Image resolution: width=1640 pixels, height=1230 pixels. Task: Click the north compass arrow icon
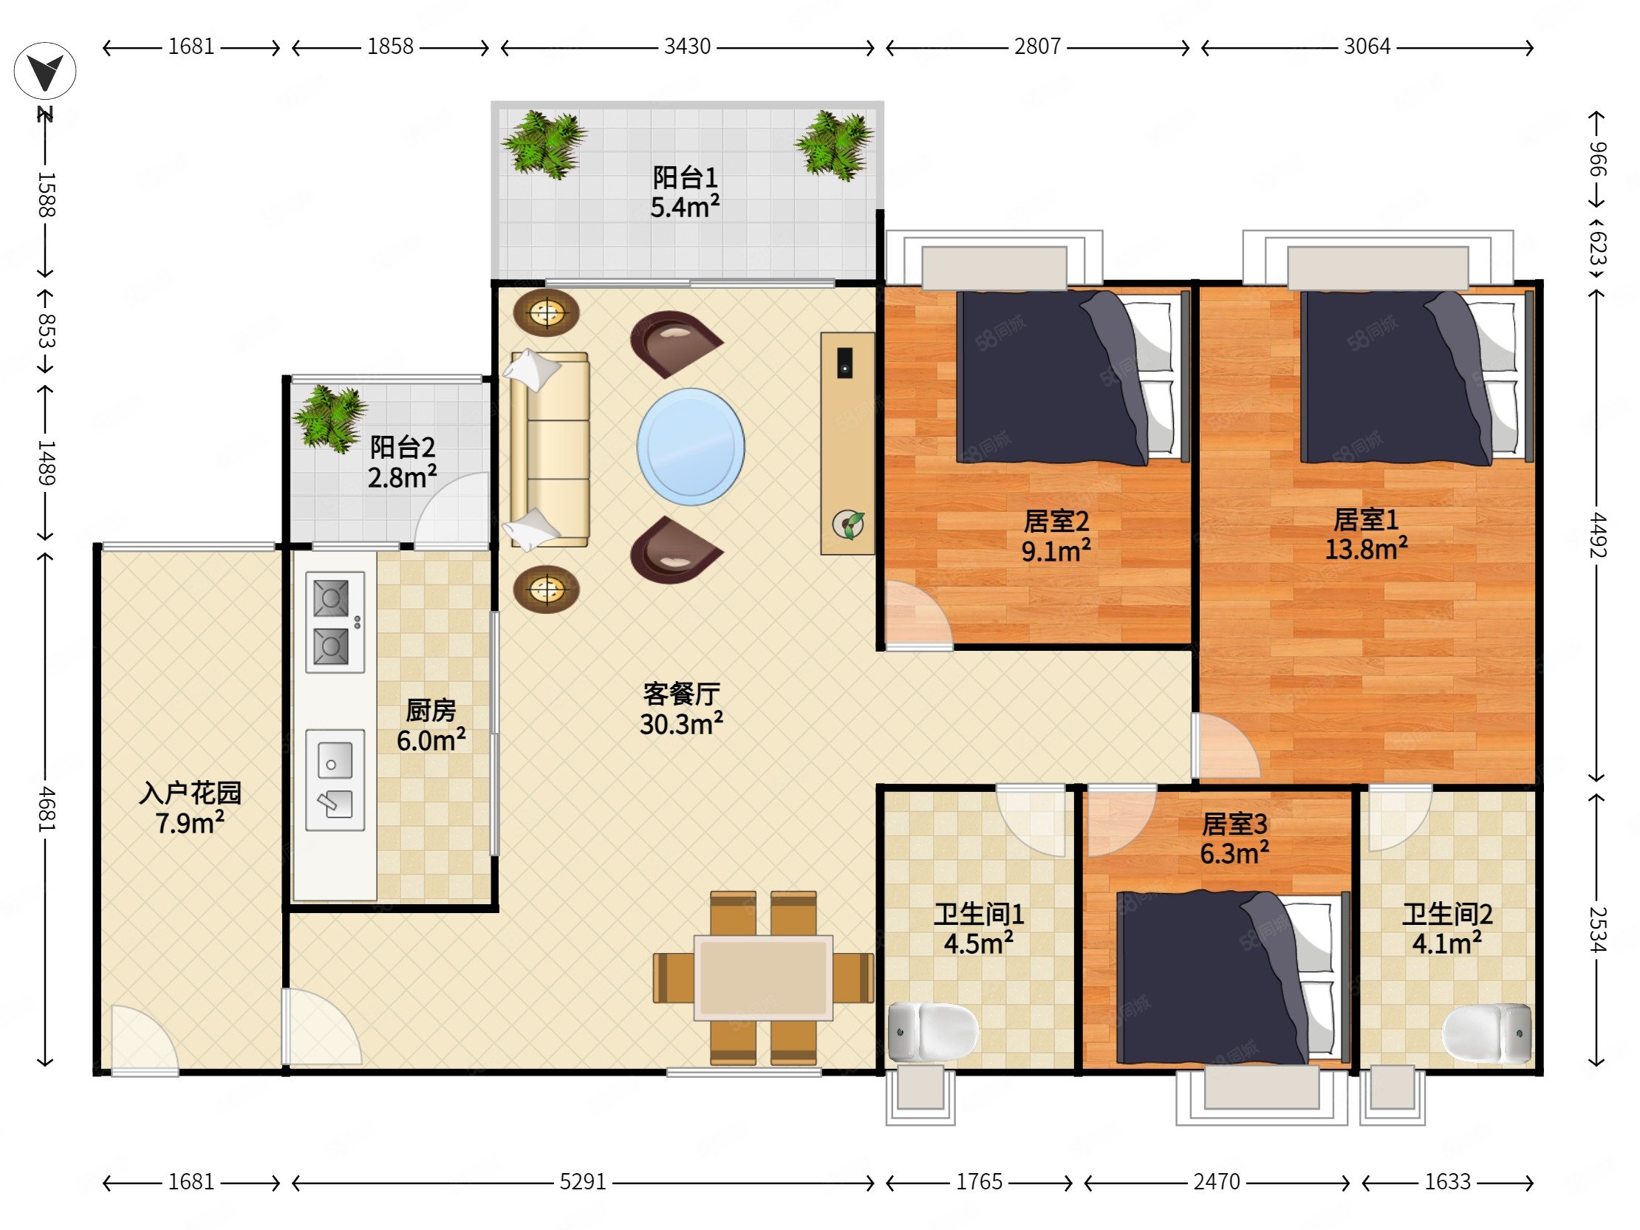(45, 72)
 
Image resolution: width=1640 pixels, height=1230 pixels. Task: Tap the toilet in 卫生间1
(933, 1031)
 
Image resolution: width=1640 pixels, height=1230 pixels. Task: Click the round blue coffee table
(691, 446)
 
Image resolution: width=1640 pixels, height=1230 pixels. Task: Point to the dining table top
(763, 978)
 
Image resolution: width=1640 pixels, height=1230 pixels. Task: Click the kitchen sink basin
(335, 779)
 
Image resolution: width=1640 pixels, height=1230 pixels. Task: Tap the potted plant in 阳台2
(329, 418)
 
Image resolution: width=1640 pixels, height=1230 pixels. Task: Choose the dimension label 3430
(687, 47)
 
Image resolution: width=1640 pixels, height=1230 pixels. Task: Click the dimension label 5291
(583, 1181)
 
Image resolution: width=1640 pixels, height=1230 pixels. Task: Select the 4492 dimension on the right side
(1597, 536)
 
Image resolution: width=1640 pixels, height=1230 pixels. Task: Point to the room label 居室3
(1234, 824)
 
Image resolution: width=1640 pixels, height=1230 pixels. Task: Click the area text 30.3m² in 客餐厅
(681, 724)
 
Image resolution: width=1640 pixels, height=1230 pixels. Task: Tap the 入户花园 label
(191, 793)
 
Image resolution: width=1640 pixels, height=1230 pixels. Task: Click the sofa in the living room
(550, 450)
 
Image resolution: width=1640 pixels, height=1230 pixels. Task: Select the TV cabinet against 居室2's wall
(847, 443)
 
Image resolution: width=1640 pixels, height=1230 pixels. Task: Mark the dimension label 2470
(1217, 1181)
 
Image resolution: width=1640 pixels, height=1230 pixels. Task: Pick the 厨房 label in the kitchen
(431, 710)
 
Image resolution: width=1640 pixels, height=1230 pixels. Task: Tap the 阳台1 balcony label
(685, 177)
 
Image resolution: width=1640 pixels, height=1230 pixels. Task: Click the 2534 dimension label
(1597, 930)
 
